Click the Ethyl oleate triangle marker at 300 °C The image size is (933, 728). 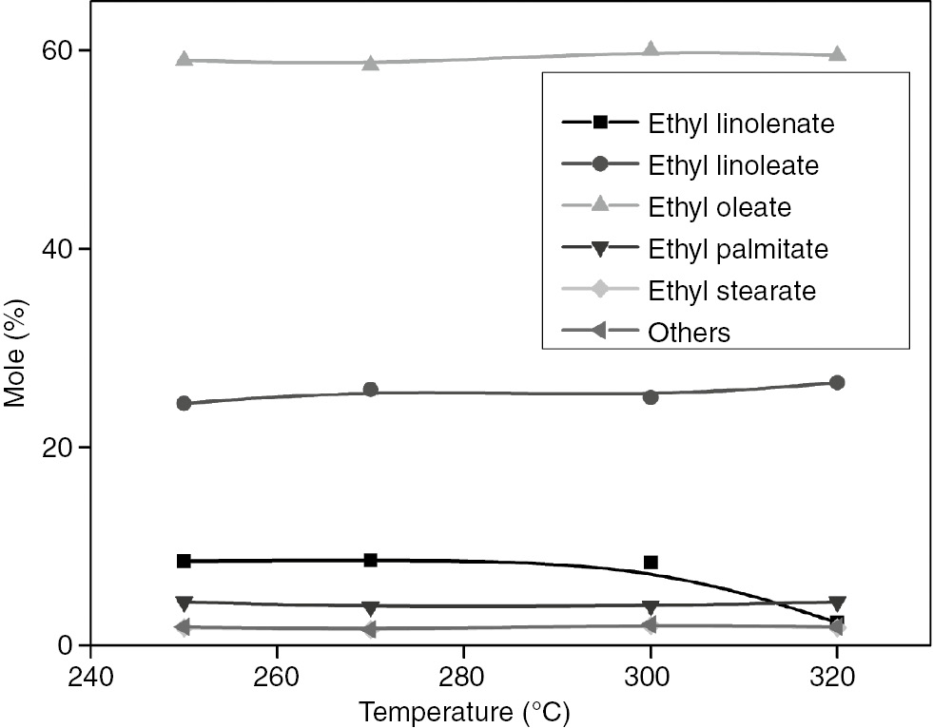point(651,50)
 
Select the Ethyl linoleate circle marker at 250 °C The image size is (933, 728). point(184,403)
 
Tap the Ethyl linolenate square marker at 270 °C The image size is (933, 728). point(371,560)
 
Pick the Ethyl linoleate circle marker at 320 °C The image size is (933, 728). point(837,382)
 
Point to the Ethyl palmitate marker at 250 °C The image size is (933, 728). point(184,603)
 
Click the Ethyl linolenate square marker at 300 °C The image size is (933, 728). point(651,563)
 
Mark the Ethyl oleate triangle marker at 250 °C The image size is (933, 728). point(184,60)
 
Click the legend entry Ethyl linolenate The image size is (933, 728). point(741,123)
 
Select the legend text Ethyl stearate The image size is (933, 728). point(731,290)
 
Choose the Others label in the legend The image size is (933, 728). point(689,333)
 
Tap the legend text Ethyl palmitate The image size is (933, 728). point(738,249)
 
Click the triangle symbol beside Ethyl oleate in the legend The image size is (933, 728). point(599,206)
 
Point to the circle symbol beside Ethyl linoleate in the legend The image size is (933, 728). point(599,164)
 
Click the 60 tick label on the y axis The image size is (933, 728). point(50,49)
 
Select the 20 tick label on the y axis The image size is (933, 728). point(50,447)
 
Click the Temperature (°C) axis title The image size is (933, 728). point(464,710)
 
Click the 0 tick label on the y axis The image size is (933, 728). point(59,645)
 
